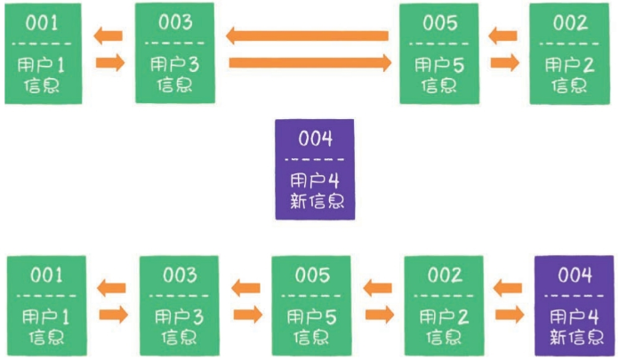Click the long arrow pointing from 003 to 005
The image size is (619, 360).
(x=309, y=62)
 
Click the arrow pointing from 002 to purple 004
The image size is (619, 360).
(x=510, y=314)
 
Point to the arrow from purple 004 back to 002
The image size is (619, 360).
(x=508, y=287)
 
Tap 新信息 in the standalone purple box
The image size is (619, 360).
(x=316, y=200)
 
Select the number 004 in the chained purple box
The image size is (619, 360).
(x=574, y=275)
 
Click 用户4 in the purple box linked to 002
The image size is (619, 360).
(x=574, y=315)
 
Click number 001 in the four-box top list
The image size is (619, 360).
(x=42, y=22)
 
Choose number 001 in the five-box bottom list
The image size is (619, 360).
(x=46, y=275)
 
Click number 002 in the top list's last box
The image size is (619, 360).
(x=569, y=22)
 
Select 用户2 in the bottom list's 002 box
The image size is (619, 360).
(x=442, y=315)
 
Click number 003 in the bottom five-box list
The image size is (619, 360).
(x=178, y=275)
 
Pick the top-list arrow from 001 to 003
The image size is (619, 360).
(x=109, y=62)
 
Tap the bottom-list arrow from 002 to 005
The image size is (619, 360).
(x=377, y=287)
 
